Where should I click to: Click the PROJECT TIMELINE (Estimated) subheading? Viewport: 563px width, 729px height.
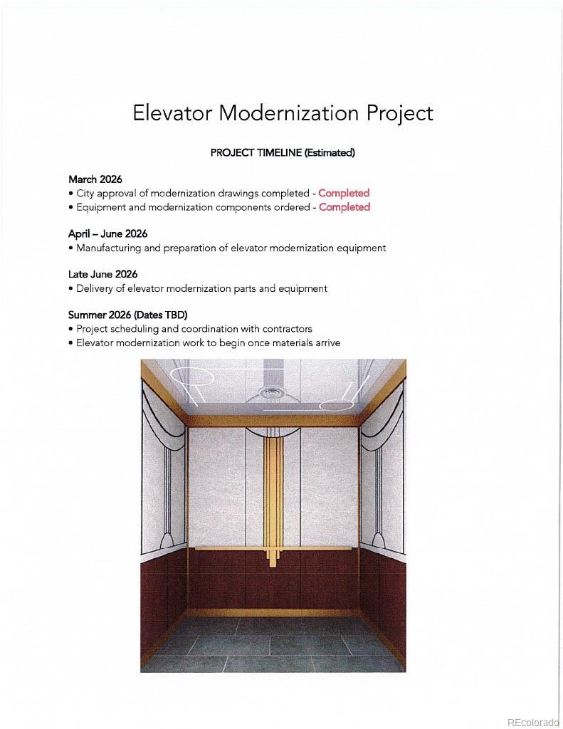(282, 152)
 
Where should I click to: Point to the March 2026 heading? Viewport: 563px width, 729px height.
(95, 179)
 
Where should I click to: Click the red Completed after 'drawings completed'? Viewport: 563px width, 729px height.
(344, 193)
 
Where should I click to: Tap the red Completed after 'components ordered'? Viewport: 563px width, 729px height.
(344, 207)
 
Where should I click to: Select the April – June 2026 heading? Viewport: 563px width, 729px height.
(107, 234)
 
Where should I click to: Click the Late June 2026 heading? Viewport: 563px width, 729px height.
(102, 274)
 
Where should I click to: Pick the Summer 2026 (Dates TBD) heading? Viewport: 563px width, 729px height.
(127, 315)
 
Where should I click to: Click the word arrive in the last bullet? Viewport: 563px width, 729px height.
(326, 343)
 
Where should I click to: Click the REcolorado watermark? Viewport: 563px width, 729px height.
(533, 721)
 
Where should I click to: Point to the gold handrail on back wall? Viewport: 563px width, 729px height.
(228, 548)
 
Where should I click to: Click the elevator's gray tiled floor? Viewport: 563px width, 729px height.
(273, 644)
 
